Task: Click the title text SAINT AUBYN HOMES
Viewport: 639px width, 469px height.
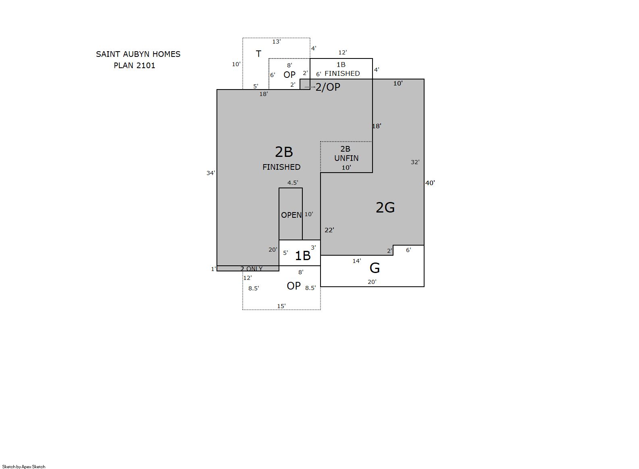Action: click(x=138, y=54)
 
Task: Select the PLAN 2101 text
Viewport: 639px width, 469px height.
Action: click(x=134, y=66)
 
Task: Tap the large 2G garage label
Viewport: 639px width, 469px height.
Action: click(x=385, y=207)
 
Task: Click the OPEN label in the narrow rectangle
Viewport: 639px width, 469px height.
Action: click(x=291, y=215)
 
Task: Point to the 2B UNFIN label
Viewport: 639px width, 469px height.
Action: click(x=346, y=154)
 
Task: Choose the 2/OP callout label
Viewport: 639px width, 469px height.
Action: click(x=328, y=87)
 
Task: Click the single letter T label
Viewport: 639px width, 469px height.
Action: click(x=258, y=54)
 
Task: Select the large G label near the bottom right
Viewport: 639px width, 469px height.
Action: click(x=375, y=268)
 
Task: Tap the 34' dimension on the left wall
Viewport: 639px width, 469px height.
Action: click(x=211, y=173)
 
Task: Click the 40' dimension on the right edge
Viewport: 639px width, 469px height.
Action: click(x=430, y=183)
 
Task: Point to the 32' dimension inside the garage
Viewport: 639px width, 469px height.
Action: click(x=415, y=162)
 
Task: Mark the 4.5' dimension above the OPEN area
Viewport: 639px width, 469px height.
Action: click(x=293, y=183)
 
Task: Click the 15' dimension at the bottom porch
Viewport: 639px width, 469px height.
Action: click(x=281, y=306)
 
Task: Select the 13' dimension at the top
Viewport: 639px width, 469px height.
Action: click(x=277, y=42)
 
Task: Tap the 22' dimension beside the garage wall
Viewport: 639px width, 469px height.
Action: click(x=329, y=230)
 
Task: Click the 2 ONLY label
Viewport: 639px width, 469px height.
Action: click(x=251, y=269)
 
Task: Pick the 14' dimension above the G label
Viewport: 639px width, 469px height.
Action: click(x=356, y=261)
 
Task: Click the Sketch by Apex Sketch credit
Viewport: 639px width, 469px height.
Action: click(x=24, y=467)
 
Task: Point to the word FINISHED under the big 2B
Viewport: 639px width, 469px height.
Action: click(x=281, y=167)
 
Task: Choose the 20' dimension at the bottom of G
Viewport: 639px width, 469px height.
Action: click(x=372, y=282)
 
